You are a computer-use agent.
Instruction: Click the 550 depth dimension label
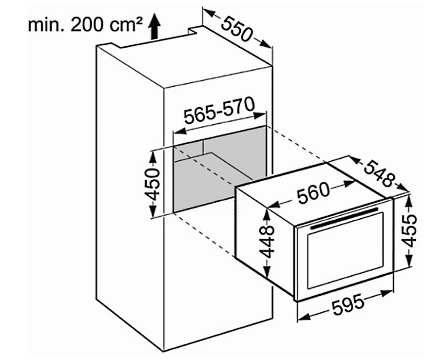click(x=236, y=29)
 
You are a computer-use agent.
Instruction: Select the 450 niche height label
click(x=153, y=185)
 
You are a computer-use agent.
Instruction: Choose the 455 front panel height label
click(x=409, y=230)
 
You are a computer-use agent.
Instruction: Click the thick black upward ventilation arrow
click(x=155, y=26)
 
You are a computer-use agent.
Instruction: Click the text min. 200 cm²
click(x=85, y=25)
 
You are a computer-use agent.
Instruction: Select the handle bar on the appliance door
click(x=344, y=218)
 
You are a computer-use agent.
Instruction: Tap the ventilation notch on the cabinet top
click(x=193, y=31)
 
